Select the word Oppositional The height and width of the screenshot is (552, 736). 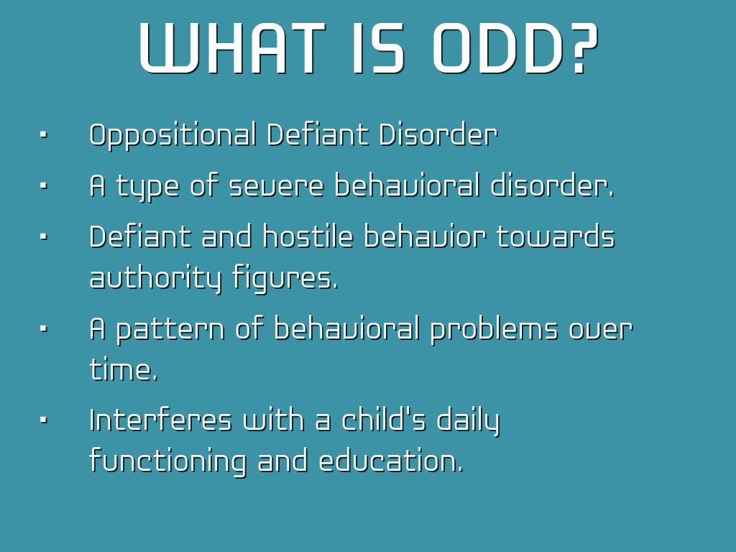[173, 136]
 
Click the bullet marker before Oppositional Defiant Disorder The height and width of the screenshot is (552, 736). [44, 136]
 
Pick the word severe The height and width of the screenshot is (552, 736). [276, 185]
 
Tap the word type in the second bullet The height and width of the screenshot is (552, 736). [148, 187]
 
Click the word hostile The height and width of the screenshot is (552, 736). [308, 236]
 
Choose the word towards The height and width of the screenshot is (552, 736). [556, 236]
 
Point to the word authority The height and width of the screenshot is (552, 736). [155, 278]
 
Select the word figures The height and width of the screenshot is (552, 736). [285, 278]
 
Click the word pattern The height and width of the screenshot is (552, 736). [170, 329]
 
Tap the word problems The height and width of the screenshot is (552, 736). [494, 329]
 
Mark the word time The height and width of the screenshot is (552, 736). [123, 369]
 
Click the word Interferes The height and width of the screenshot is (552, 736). [160, 419]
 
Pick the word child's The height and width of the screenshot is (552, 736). [383, 419]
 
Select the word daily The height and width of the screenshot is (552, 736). [468, 421]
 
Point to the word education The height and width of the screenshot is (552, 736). [390, 460]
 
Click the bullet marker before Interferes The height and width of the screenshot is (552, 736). [44, 420]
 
